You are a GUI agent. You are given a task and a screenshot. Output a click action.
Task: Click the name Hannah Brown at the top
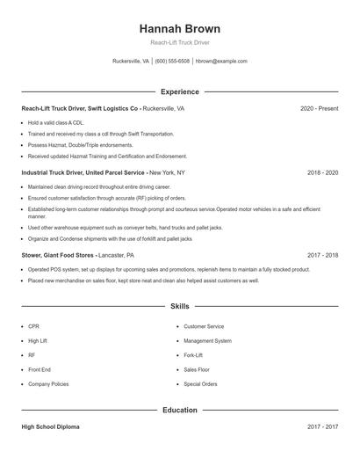click(180, 28)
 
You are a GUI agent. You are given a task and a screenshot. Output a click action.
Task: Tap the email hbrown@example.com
click(221, 62)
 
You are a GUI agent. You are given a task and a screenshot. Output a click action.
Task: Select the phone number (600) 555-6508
click(172, 62)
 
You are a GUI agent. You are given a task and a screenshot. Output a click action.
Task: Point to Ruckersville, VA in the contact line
click(132, 62)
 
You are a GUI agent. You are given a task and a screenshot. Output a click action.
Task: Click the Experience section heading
click(180, 91)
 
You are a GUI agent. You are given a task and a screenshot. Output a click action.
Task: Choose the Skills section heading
click(180, 306)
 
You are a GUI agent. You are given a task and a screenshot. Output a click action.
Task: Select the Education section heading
click(180, 410)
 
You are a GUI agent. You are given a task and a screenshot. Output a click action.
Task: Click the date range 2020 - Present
click(319, 109)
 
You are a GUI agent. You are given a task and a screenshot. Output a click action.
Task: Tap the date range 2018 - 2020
click(322, 173)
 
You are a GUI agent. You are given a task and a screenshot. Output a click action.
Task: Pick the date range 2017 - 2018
click(322, 255)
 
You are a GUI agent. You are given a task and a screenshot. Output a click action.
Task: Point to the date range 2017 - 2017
click(322, 427)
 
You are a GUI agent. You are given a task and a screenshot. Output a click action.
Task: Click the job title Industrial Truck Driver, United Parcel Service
click(84, 173)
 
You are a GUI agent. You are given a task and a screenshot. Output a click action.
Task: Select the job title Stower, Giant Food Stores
click(58, 255)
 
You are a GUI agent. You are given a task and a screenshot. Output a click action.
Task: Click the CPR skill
click(33, 326)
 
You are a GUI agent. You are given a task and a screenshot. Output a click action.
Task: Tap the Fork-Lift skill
click(194, 355)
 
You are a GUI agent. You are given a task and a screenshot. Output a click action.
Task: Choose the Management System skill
click(207, 340)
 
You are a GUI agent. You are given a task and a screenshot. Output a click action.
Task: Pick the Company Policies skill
click(47, 384)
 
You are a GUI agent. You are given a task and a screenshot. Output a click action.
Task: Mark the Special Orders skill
click(200, 384)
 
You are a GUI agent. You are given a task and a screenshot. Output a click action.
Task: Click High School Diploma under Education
click(50, 427)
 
